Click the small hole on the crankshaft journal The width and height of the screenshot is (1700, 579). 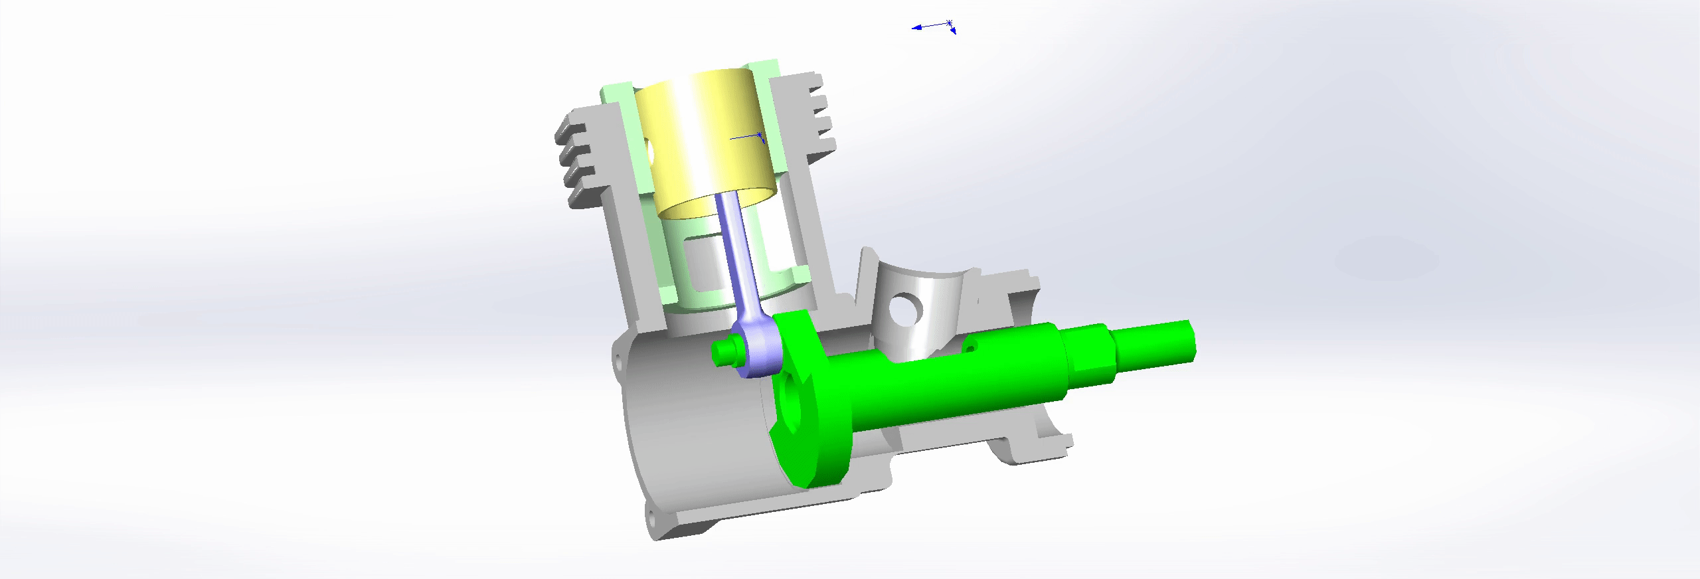pos(970,346)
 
